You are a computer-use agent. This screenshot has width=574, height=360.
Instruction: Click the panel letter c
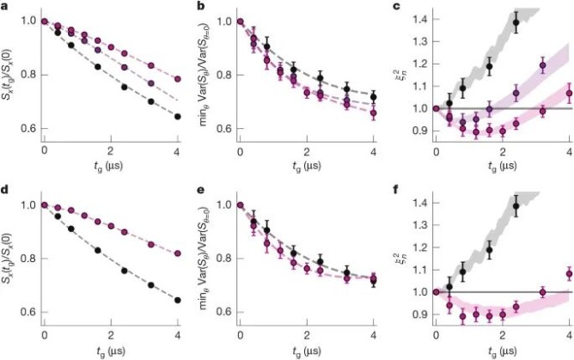(394, 8)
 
